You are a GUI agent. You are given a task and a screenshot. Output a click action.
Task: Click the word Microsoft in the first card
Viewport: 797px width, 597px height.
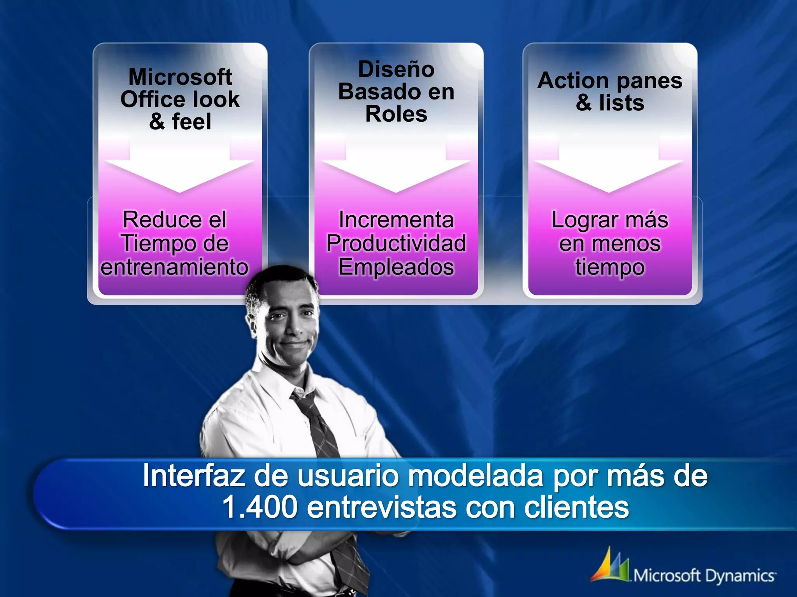pos(180,77)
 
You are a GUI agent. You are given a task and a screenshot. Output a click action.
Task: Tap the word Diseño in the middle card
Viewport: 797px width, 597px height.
pos(396,69)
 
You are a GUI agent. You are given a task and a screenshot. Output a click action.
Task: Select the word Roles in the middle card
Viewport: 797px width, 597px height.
pos(396,114)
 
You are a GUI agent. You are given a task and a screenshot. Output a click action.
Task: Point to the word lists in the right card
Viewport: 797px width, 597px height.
pos(621,103)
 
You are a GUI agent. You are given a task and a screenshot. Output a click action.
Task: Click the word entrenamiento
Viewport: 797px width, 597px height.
pos(174,267)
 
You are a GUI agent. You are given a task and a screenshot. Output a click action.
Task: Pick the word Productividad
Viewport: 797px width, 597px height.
pos(396,243)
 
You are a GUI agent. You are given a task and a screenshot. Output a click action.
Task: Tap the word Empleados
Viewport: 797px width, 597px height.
pos(396,267)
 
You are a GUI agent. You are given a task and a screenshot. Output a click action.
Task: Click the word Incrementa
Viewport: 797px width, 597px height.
pos(396,220)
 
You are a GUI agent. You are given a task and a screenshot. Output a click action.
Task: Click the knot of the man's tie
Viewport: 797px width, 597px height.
pos(303,400)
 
